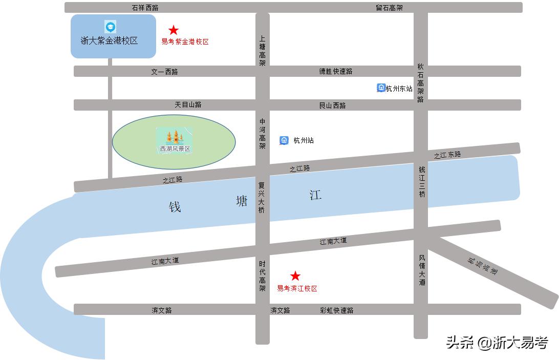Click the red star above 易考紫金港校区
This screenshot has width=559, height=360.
click(x=174, y=30)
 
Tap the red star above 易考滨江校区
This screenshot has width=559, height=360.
click(x=295, y=276)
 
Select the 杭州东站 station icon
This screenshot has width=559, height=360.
click(x=381, y=88)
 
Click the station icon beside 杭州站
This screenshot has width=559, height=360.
click(x=284, y=140)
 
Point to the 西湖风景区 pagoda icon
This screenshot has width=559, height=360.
click(x=175, y=137)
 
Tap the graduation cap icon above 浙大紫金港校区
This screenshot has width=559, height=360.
click(x=110, y=27)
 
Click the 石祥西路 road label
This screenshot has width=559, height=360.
click(x=145, y=8)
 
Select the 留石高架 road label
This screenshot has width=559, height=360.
click(x=389, y=8)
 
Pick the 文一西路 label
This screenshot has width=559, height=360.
click(x=164, y=72)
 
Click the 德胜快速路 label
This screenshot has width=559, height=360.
click(x=336, y=72)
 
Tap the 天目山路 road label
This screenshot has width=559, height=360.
click(x=188, y=104)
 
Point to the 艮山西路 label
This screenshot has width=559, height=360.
click(x=333, y=105)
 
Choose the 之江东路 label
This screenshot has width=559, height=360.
click(x=447, y=155)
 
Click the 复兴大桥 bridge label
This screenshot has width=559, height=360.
click(x=262, y=198)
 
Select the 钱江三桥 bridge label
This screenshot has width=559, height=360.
click(x=421, y=182)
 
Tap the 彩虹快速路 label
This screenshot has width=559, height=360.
click(x=337, y=310)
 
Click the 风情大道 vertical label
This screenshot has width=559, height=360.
click(x=422, y=270)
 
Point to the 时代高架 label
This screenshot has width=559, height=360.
click(x=262, y=276)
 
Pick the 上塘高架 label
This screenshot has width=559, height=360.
click(x=262, y=51)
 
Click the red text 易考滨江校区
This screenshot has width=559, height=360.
click(x=297, y=288)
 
